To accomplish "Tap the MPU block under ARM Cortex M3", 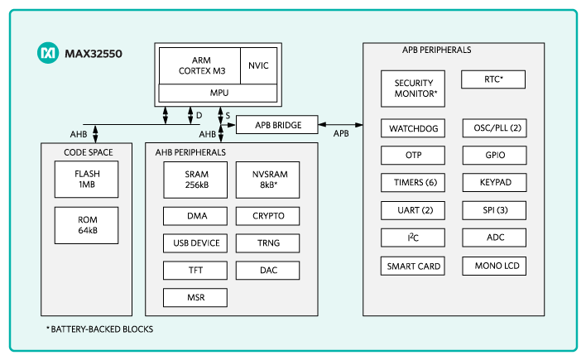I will [x=219, y=93].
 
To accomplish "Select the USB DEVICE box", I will [x=195, y=242].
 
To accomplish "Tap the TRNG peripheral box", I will [x=267, y=242].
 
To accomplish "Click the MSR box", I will [x=195, y=296].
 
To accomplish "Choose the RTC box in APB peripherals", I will [x=493, y=79].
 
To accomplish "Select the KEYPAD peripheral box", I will [x=493, y=183].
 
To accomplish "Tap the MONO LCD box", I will [x=493, y=266].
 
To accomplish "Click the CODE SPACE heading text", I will [x=89, y=152].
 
